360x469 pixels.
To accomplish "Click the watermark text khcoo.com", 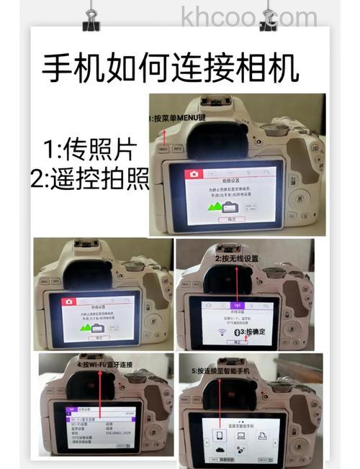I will tap(249, 15).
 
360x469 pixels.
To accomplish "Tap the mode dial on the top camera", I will tap(272, 130).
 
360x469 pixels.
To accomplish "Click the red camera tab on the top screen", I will tap(193, 174).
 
